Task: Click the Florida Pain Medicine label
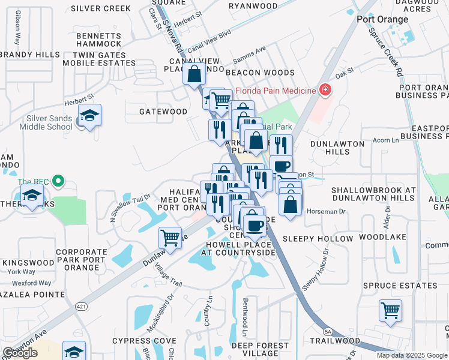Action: [x=275, y=91]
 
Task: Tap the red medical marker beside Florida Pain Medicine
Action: [x=325, y=91]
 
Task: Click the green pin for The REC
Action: [x=58, y=181]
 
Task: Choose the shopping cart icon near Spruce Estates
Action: [x=390, y=311]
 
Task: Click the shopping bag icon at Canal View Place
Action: [x=194, y=75]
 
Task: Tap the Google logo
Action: [x=20, y=353]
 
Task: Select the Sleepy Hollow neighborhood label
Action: [x=318, y=239]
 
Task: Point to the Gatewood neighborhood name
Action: [x=163, y=112]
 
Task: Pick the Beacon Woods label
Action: [x=260, y=72]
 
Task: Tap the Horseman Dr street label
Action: [x=326, y=211]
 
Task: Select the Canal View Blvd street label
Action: [x=209, y=41]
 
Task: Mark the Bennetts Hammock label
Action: [x=99, y=40]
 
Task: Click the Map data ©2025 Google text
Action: [x=412, y=355]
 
